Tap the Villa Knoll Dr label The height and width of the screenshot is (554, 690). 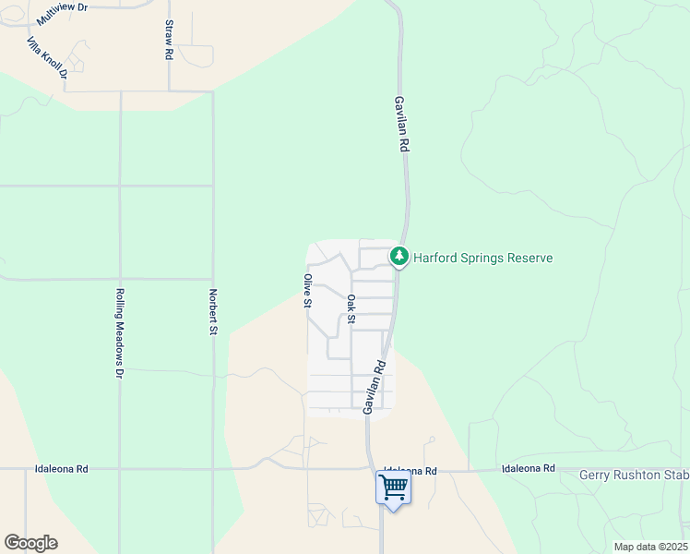pyautogui.click(x=47, y=57)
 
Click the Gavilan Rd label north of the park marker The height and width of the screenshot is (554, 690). pyautogui.click(x=401, y=124)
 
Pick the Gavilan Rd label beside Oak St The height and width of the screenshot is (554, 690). pyautogui.click(x=374, y=386)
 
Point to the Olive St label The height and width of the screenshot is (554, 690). pyautogui.click(x=308, y=290)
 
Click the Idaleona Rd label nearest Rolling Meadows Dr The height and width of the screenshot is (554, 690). pyautogui.click(x=62, y=469)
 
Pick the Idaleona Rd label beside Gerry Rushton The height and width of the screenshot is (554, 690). pyautogui.click(x=529, y=469)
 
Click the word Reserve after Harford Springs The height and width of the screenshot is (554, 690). pyautogui.click(x=529, y=258)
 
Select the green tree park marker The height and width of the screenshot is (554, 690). pyautogui.click(x=399, y=256)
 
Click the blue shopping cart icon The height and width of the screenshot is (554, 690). pyautogui.click(x=393, y=487)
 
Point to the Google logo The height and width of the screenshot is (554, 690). pyautogui.click(x=30, y=543)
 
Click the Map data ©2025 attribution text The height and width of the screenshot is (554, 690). pyautogui.click(x=650, y=547)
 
